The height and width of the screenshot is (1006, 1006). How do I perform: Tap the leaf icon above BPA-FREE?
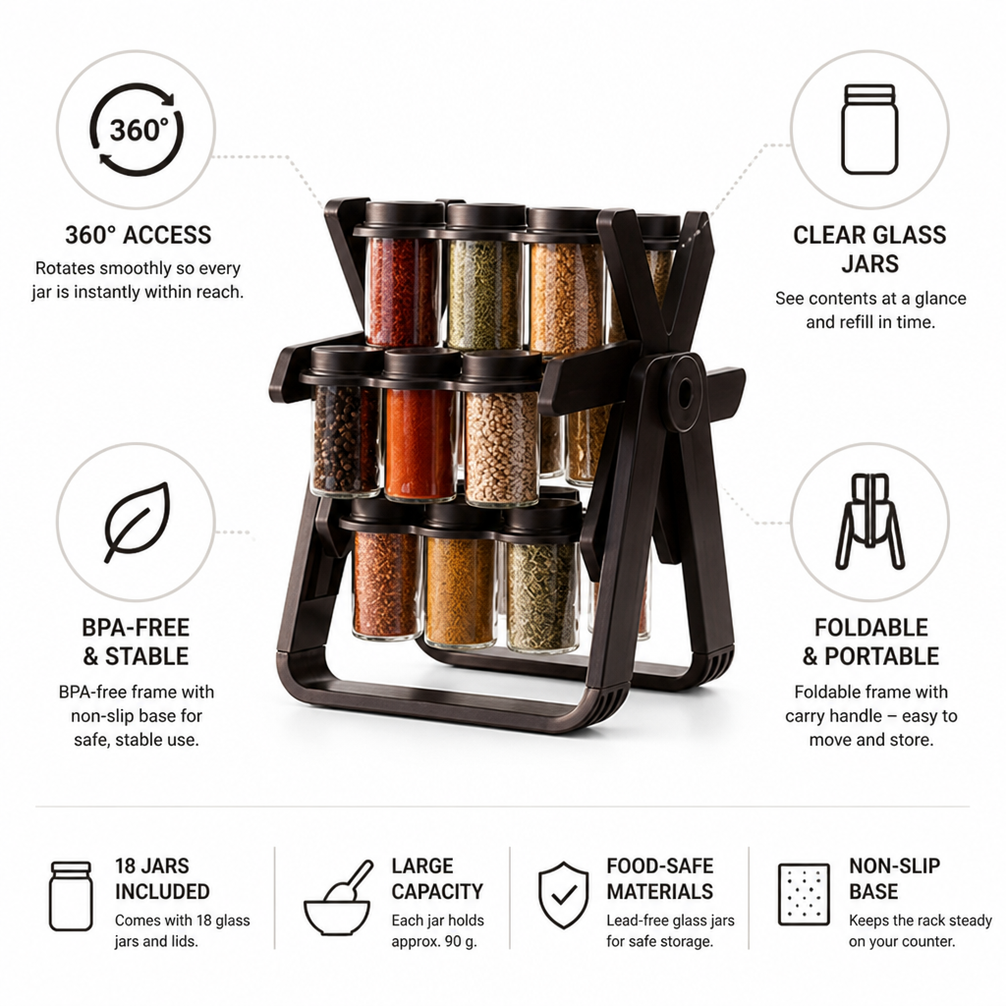coord(138,523)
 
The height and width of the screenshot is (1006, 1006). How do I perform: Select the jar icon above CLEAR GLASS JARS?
coord(869,130)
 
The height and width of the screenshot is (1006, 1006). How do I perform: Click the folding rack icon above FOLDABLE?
coord(869,522)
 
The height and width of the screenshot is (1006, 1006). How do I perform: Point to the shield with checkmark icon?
coord(563,894)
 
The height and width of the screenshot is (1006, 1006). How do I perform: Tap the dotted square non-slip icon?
coord(804,894)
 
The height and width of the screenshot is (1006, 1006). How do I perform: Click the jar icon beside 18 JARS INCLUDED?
coord(71,896)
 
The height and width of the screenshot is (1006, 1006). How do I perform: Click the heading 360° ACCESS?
coord(138,235)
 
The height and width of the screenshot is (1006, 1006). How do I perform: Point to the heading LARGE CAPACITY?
coord(437,878)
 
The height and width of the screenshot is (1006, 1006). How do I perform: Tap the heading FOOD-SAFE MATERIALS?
coord(659,878)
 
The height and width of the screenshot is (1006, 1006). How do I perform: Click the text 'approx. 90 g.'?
coord(434,942)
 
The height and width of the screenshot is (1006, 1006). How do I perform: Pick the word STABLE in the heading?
coord(147,656)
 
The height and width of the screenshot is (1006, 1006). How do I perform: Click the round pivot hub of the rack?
coord(684,391)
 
